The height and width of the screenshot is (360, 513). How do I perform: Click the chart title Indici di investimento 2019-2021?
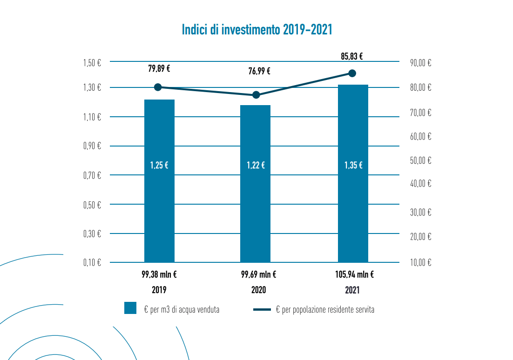[x=257, y=30]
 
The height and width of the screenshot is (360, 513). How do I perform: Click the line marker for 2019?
[x=158, y=87]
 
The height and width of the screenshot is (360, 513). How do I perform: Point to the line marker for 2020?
[x=256, y=95]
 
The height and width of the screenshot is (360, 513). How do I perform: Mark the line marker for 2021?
[x=352, y=73]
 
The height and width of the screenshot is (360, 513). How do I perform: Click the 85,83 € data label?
[x=352, y=57]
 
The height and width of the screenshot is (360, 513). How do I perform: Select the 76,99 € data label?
[x=259, y=71]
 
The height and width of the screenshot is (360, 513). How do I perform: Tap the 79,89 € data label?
[x=159, y=69]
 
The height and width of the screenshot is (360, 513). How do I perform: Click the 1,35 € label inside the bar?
[x=353, y=165]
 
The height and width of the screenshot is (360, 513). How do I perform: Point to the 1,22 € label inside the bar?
[x=256, y=165]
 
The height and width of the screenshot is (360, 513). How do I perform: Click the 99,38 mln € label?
[x=159, y=274]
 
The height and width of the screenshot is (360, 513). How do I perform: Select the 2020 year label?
[x=258, y=290]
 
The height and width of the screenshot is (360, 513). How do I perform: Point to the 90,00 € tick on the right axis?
[x=421, y=63]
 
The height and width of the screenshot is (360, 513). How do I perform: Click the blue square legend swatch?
[x=130, y=308]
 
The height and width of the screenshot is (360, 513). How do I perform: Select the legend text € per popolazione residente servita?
[x=325, y=310]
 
